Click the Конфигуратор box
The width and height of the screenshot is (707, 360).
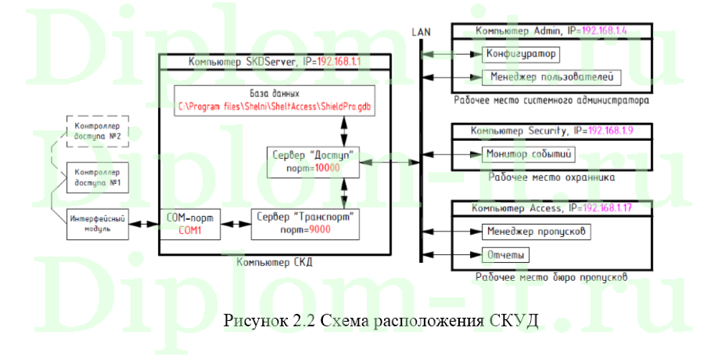point(519,54)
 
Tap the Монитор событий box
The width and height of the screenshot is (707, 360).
point(529,153)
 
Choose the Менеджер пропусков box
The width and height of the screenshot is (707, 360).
point(535,232)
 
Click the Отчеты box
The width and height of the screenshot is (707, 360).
point(504,255)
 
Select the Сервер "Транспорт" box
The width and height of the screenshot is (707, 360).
point(306,223)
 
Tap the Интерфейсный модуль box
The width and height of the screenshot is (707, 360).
point(98,224)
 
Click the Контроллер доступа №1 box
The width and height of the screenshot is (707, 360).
point(97,177)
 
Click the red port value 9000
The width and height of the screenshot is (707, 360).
point(319,230)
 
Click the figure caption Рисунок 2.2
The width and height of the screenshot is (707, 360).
point(381,321)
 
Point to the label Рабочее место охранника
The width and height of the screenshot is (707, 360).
point(551,178)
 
